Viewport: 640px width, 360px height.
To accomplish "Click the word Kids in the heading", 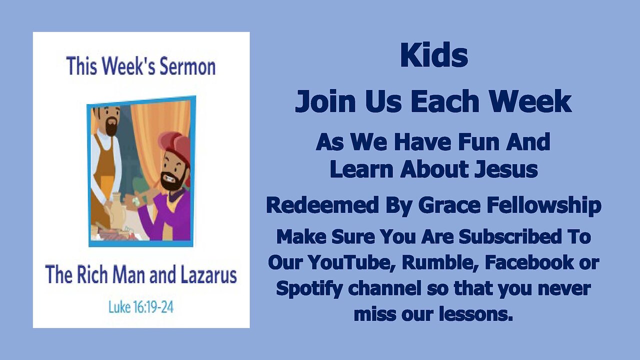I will (433, 56).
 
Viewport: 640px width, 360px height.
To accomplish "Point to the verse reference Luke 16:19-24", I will (141, 306).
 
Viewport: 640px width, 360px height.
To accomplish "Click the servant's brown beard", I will (110, 127).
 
